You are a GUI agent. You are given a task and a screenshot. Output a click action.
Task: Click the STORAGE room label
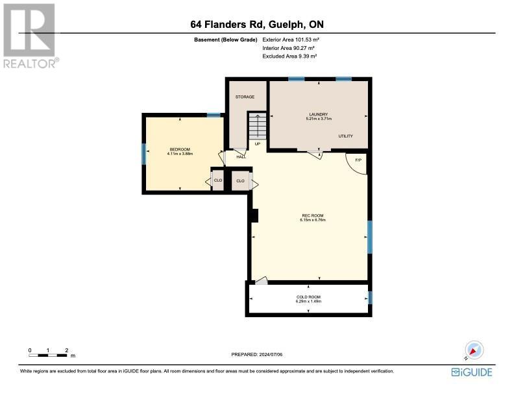[245, 97]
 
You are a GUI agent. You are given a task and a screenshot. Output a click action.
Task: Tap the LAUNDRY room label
[319, 114]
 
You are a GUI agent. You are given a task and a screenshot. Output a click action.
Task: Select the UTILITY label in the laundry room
[345, 136]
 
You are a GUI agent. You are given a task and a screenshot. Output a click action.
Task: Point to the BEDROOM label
[180, 149]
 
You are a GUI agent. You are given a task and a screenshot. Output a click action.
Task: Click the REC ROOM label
[313, 215]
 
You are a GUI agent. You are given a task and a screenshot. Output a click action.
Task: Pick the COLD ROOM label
[308, 297]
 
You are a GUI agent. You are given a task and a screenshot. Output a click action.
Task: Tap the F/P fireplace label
[358, 160]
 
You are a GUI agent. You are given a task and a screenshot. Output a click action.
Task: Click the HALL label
[241, 157]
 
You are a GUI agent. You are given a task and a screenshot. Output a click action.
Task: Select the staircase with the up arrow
[258, 126]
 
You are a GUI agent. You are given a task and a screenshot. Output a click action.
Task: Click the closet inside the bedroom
[218, 180]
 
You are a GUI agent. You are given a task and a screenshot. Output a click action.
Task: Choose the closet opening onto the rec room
[240, 181]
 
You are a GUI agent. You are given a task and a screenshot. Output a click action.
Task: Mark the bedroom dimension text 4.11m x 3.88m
[180, 154]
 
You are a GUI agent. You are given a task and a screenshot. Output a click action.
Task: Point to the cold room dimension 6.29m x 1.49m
[308, 302]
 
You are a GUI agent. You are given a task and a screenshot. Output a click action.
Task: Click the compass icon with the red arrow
[474, 350]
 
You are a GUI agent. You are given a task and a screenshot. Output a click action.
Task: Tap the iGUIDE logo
[472, 372]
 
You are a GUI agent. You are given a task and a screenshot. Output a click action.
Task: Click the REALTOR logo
[31, 36]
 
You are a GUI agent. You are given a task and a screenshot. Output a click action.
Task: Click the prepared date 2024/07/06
[271, 354]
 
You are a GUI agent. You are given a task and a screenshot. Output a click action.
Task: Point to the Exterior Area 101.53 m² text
[291, 40]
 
